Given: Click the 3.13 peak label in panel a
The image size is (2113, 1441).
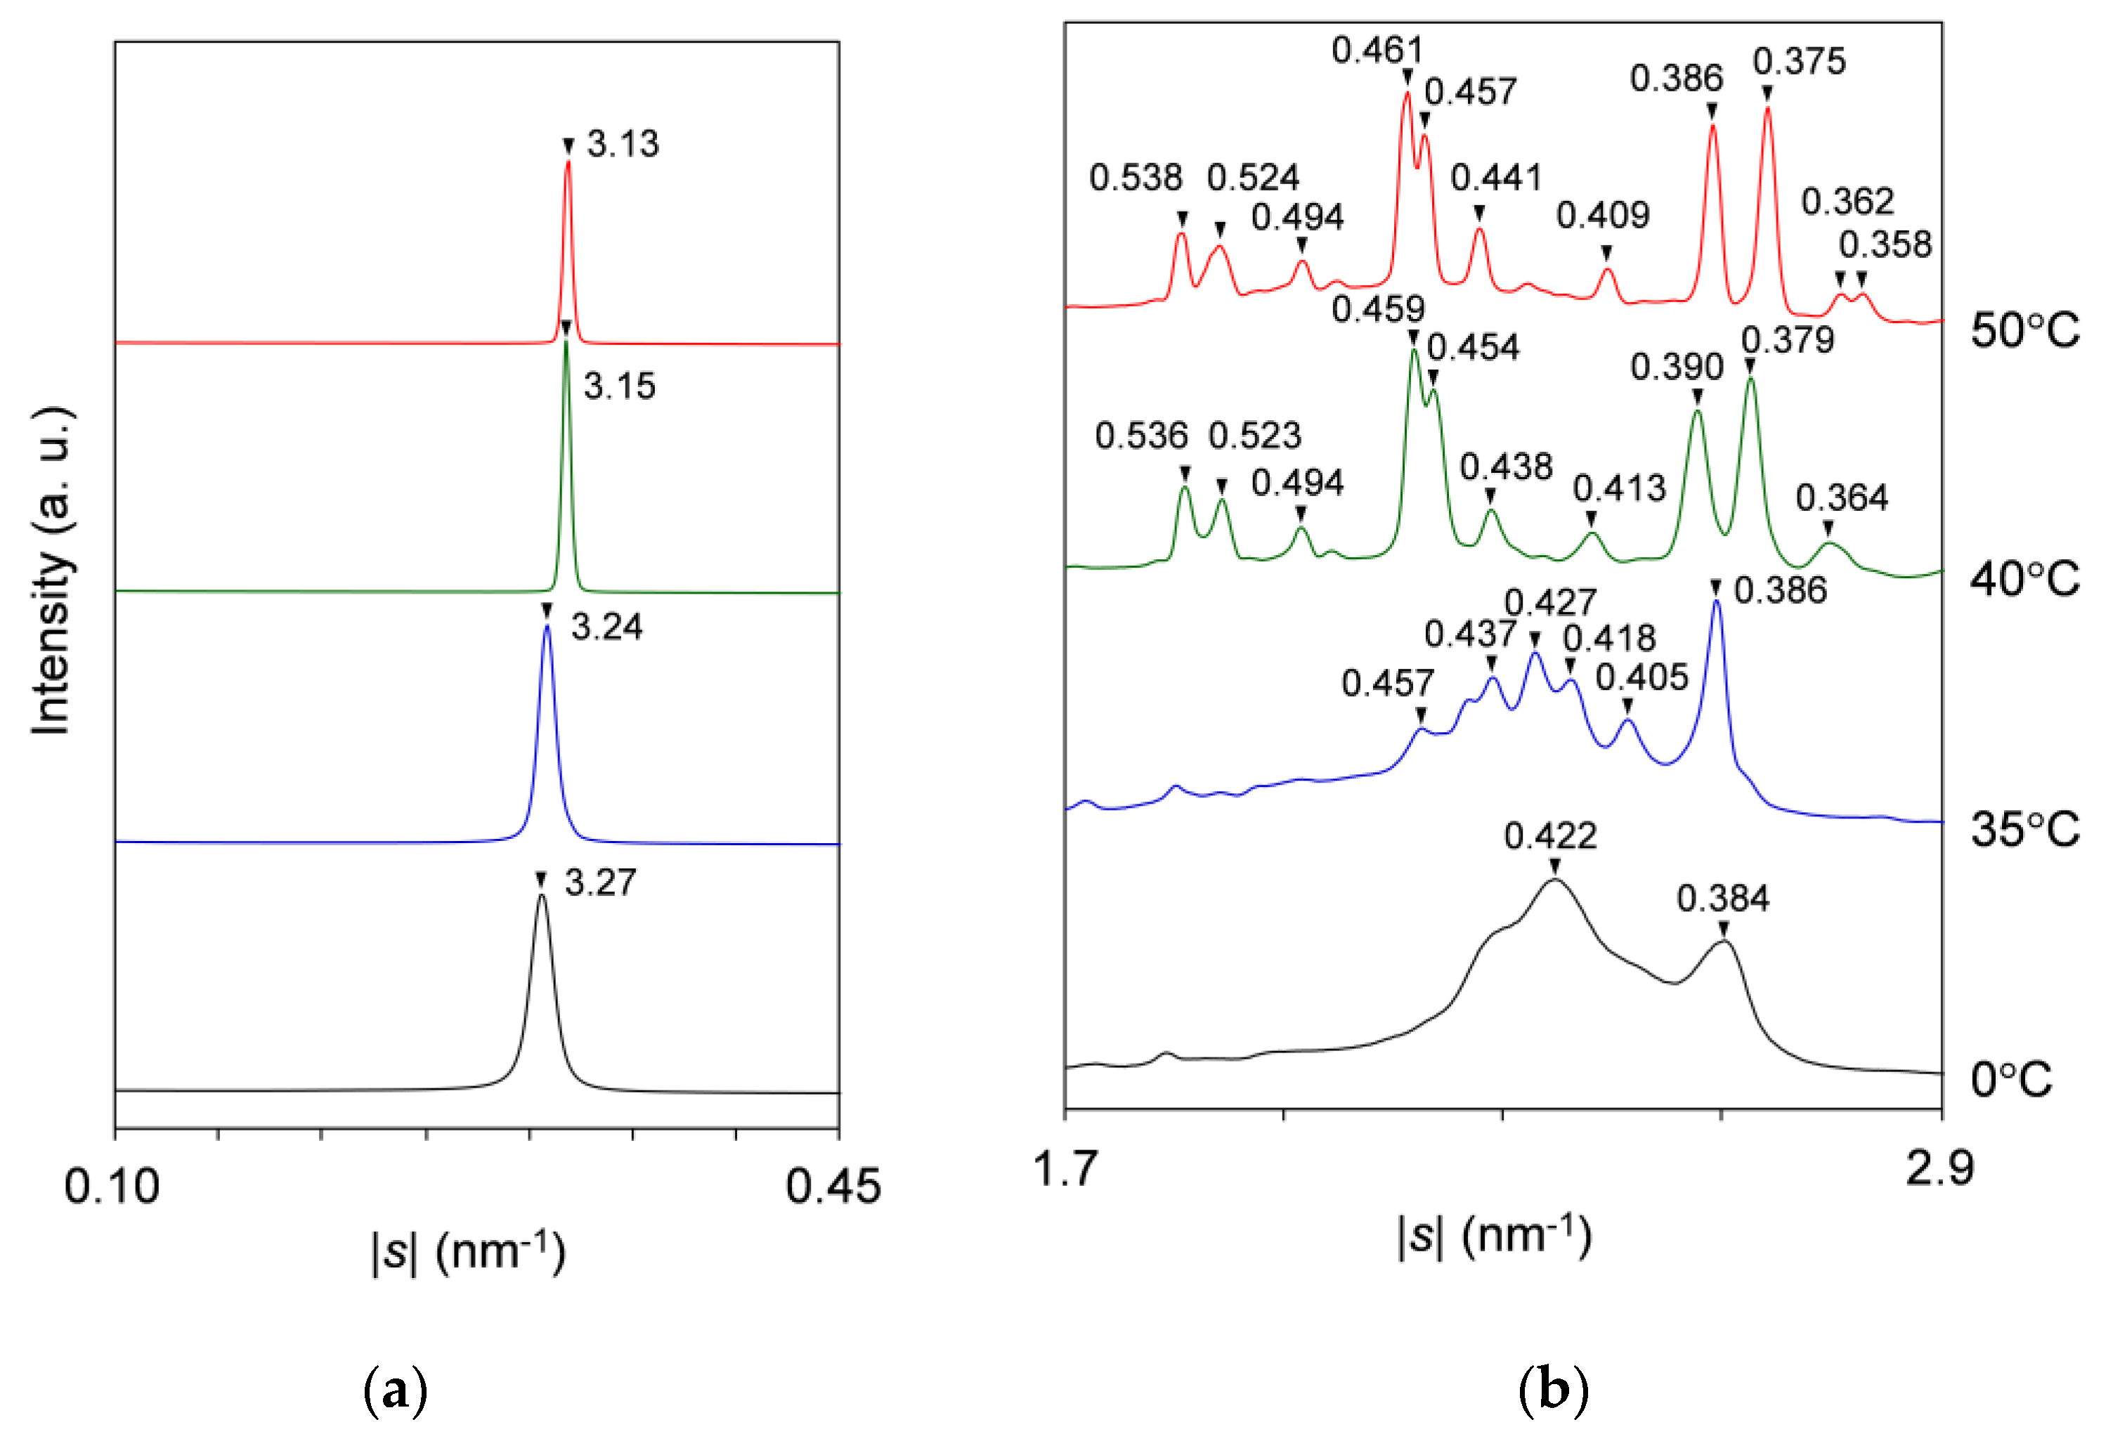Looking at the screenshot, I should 622,143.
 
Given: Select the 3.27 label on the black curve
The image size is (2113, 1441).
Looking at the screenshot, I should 600,882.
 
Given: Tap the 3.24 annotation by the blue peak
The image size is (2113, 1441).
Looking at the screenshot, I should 606,627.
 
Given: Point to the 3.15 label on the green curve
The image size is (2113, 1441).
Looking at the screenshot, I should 619,386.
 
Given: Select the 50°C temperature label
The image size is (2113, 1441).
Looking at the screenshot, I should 2024,330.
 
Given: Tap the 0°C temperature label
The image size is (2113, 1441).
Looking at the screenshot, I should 2011,1080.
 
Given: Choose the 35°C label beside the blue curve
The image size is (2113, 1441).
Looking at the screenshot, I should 2024,829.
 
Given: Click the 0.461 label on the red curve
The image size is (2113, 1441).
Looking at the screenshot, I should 1377,50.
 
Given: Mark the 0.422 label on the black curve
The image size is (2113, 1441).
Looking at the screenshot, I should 1549,835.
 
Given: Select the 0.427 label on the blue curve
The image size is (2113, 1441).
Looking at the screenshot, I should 1549,603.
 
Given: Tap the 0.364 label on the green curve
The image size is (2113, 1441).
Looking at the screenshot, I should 1841,498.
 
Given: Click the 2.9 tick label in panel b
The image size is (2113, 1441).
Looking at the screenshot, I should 1939,1169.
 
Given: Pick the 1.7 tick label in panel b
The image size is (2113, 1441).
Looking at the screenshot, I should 1065,1169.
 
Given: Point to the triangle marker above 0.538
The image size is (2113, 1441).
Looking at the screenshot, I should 1182,219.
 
